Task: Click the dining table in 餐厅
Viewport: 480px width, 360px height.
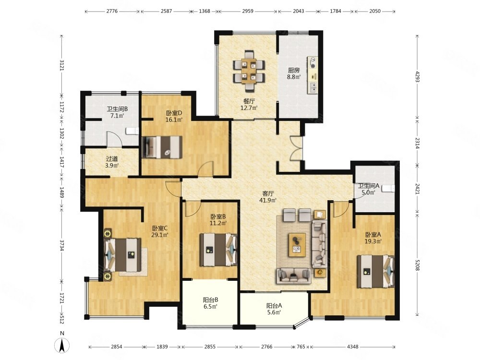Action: click(x=249, y=71)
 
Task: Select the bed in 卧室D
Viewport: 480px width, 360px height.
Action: click(x=162, y=147)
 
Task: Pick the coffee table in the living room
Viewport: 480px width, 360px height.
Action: click(x=297, y=245)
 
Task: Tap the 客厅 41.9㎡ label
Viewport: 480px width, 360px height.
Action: click(x=268, y=197)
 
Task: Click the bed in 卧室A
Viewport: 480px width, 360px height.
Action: click(x=376, y=271)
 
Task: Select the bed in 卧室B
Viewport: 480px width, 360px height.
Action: click(x=218, y=250)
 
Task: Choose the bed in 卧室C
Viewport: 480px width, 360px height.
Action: click(x=123, y=254)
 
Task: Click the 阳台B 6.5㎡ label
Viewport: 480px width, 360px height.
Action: click(x=210, y=303)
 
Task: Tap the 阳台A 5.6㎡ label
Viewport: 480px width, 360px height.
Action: click(x=274, y=309)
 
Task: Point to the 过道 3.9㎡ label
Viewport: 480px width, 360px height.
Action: click(x=112, y=162)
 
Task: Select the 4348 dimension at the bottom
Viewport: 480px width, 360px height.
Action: click(x=353, y=347)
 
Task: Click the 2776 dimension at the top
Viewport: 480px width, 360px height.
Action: click(x=112, y=11)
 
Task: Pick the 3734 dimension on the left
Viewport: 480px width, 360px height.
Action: click(x=62, y=245)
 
